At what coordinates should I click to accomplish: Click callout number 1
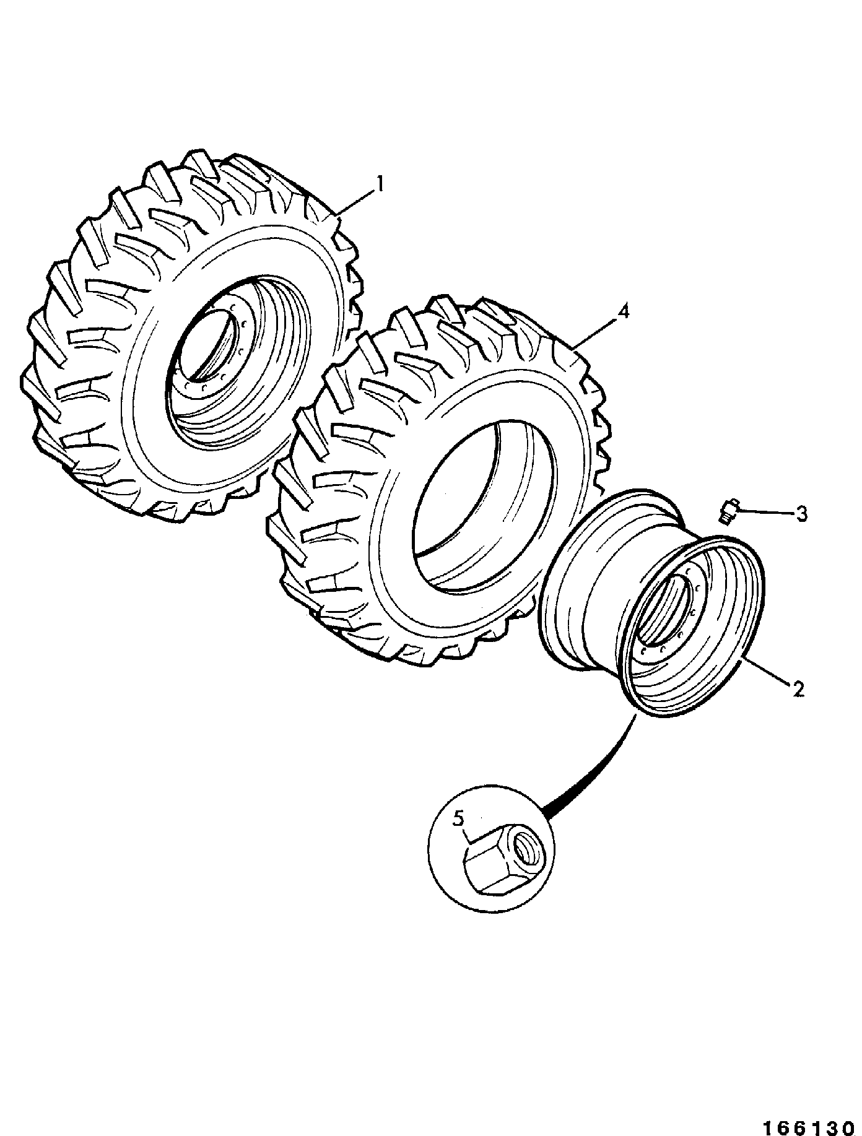(x=381, y=184)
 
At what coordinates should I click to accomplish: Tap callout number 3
(x=801, y=514)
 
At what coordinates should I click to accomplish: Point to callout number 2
(x=798, y=688)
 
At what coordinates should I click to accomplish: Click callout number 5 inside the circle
(x=458, y=818)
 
